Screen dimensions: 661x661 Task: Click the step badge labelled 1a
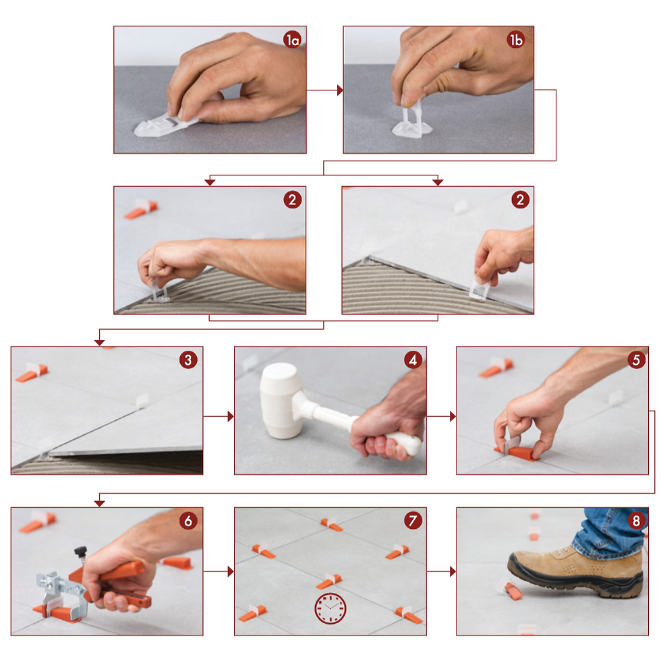tap(292, 40)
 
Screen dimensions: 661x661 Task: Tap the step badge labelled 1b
tap(515, 40)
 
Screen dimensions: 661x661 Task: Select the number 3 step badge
tap(188, 360)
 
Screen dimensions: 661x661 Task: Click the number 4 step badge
tap(413, 360)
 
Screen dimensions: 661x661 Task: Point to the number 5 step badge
tap(636, 360)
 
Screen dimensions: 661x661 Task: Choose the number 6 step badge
tap(188, 521)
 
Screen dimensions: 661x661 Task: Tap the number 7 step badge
tap(413, 521)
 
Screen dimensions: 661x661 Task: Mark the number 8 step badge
tap(636, 521)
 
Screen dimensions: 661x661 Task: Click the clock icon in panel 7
tap(330, 608)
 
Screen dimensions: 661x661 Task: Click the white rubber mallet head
tap(281, 401)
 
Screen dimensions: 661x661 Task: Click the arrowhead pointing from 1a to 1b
tap(340, 90)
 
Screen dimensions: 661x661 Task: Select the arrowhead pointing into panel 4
tap(231, 417)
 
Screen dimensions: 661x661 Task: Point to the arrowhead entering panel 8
tap(453, 572)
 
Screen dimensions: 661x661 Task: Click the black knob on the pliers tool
tap(80, 551)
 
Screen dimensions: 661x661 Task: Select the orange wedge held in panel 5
tap(517, 453)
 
